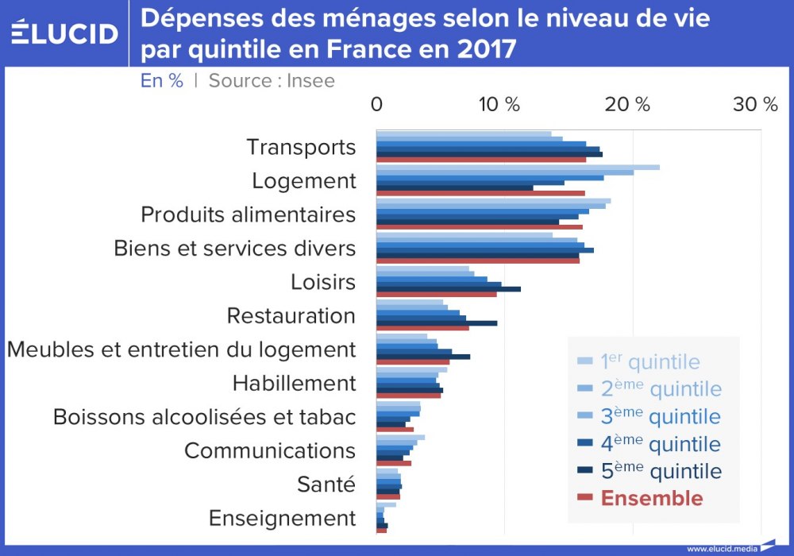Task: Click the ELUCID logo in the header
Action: point(66,33)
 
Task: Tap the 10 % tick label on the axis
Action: point(499,104)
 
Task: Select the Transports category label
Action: point(301,147)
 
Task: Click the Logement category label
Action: point(304,181)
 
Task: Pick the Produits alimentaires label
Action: point(248,214)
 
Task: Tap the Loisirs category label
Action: point(322,282)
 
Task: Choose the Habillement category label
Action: point(294,384)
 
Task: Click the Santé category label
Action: point(326,484)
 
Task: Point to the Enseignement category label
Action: point(282,518)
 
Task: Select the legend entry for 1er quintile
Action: point(649,362)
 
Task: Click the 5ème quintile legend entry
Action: point(661,471)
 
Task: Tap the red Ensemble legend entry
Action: point(651,498)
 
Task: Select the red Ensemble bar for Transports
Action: point(481,160)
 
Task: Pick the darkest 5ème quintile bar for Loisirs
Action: point(449,289)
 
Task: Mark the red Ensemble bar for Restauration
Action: point(422,328)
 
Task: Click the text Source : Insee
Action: point(272,80)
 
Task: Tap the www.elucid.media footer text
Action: point(722,548)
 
